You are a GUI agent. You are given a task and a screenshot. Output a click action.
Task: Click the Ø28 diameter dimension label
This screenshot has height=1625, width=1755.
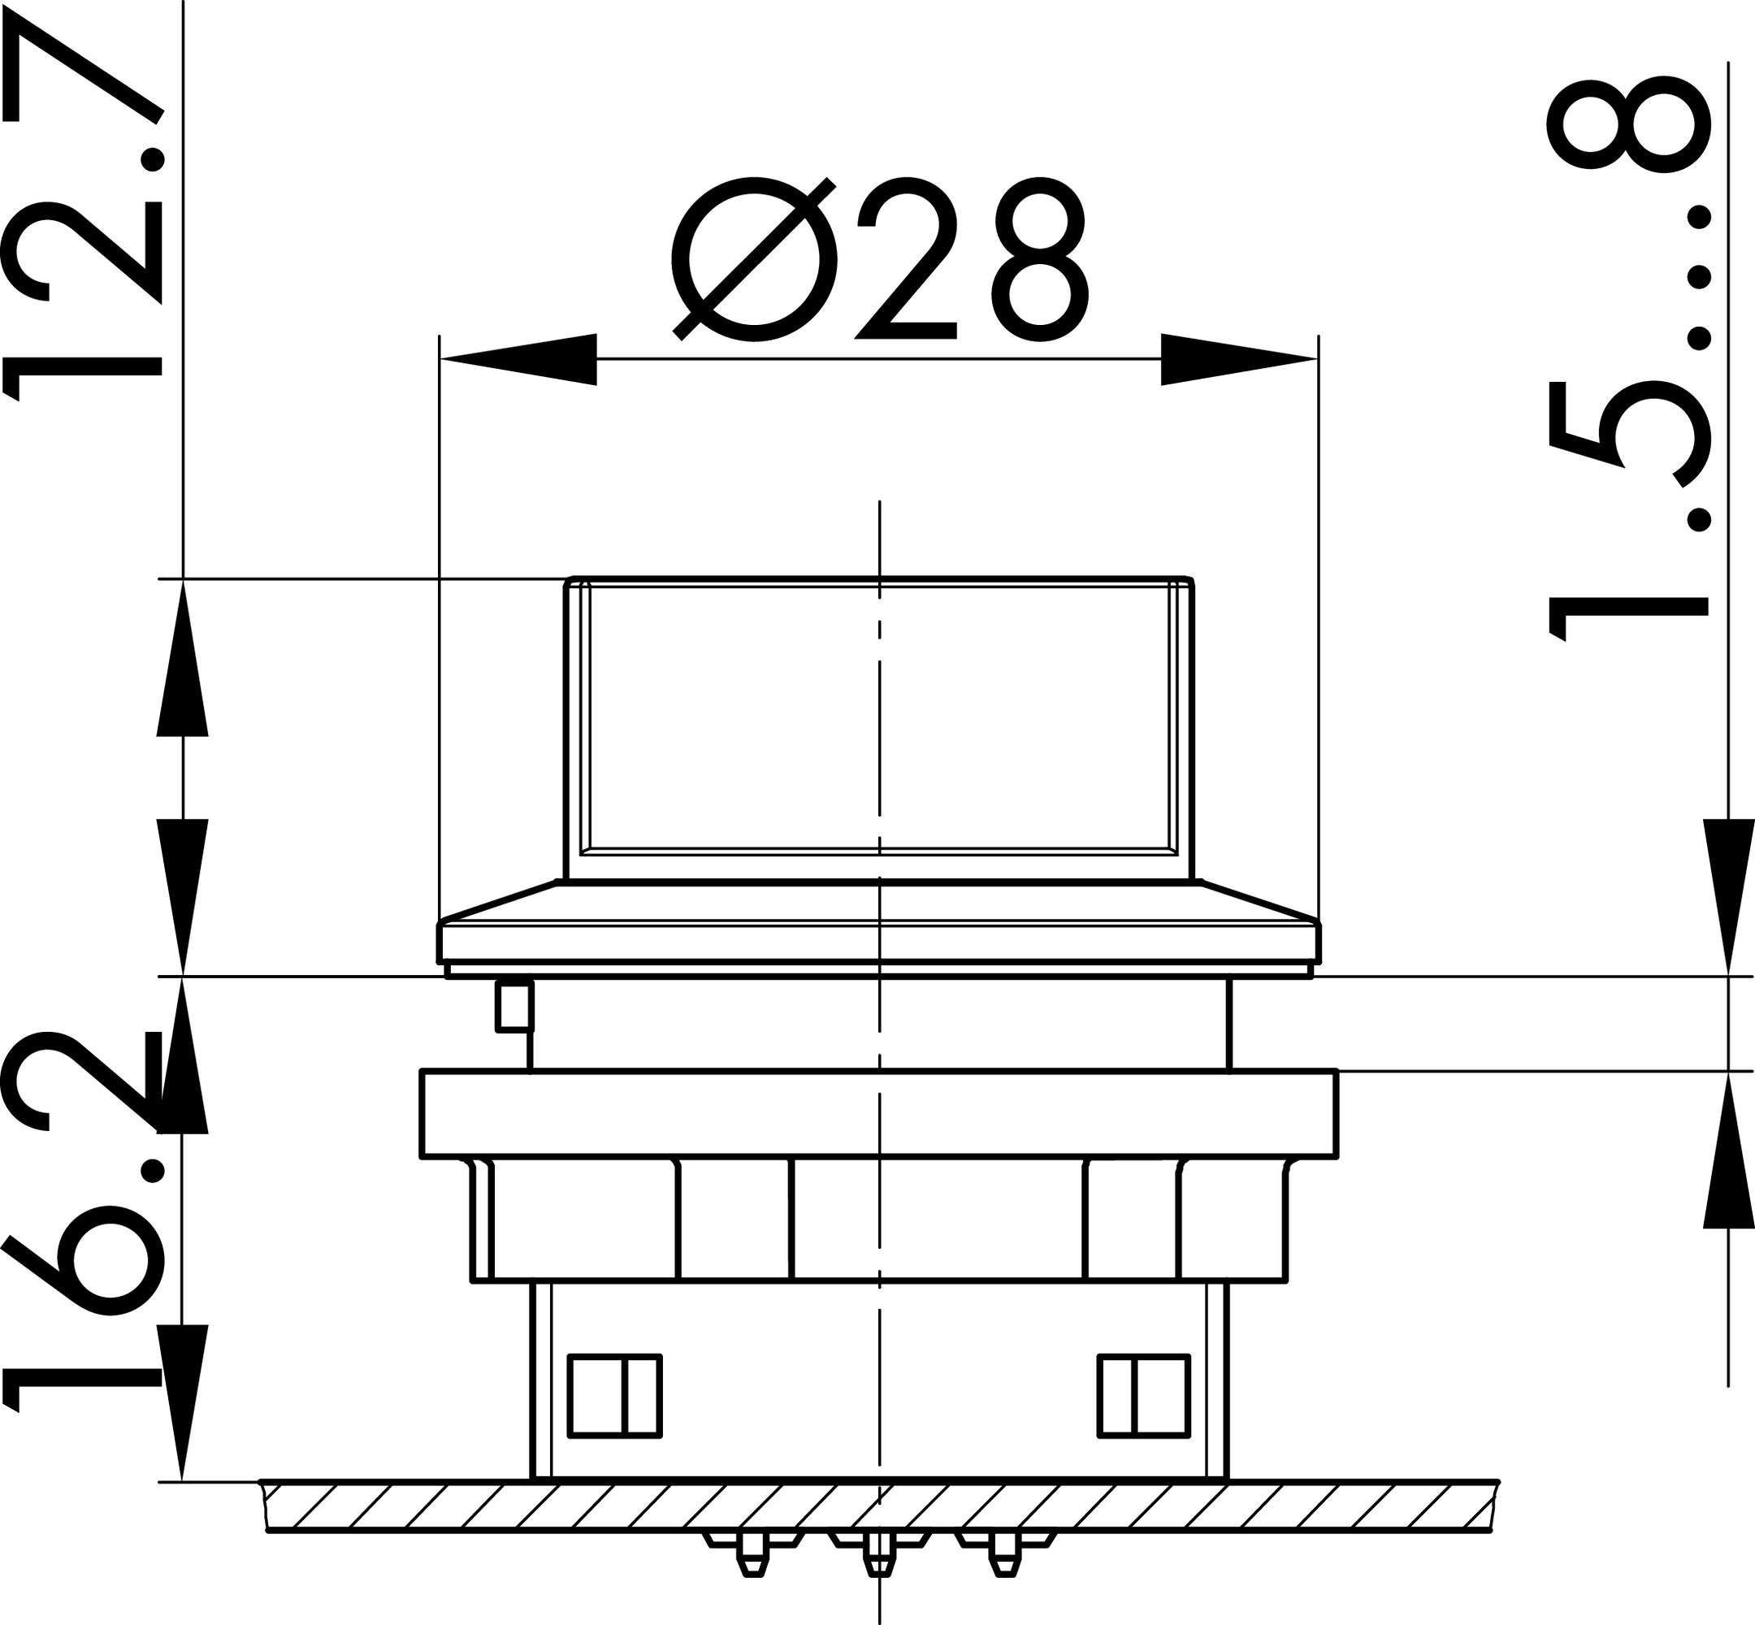(879, 260)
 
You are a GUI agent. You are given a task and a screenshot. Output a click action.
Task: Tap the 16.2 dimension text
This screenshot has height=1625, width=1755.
(84, 1220)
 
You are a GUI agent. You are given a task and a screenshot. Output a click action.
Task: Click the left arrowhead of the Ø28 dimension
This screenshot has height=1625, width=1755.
(518, 359)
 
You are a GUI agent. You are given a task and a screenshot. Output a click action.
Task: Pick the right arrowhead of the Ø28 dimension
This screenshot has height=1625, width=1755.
(1239, 359)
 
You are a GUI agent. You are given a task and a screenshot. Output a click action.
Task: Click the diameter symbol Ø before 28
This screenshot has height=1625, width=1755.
(753, 260)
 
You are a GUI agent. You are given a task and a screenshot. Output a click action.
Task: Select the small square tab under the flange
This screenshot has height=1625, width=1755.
(515, 1007)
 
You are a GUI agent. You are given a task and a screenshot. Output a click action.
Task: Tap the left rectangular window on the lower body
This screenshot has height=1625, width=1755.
(614, 1397)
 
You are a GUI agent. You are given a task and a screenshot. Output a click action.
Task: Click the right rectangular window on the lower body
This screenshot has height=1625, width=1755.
(1144, 1397)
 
